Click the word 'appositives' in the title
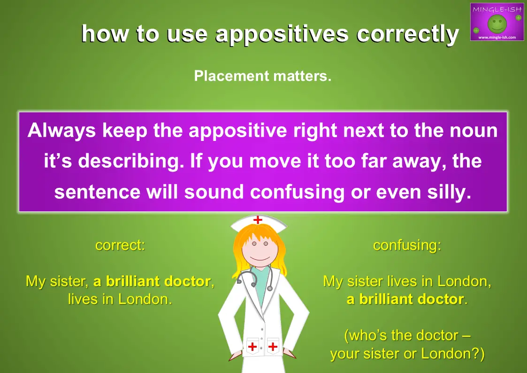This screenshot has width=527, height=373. [282, 34]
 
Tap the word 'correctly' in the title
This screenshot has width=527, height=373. [407, 34]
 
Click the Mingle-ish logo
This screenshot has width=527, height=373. [497, 22]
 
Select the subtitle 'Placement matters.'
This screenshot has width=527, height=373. [262, 76]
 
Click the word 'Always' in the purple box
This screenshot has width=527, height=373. [61, 131]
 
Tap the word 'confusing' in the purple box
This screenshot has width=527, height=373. [297, 193]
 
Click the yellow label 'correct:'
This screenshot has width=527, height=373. [120, 245]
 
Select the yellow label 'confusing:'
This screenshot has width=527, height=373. [407, 245]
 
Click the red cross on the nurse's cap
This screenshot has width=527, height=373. [258, 220]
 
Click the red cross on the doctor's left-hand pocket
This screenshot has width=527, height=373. [252, 346]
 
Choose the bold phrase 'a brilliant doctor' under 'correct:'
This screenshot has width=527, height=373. [152, 281]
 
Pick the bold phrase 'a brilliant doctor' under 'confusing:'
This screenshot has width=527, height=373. [405, 299]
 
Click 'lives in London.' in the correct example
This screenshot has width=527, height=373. [120, 299]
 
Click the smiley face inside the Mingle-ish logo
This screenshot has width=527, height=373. [497, 23]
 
